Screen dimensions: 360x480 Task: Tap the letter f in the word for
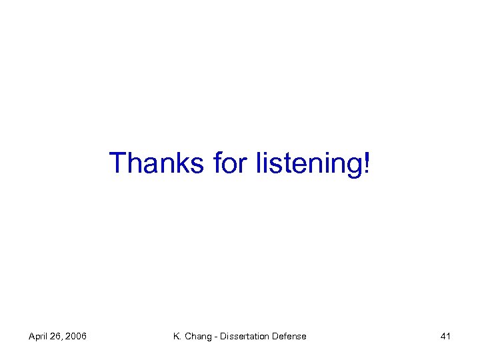click(x=217, y=163)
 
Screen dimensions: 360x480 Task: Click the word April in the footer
click(x=39, y=337)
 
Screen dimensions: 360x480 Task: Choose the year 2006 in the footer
click(x=76, y=337)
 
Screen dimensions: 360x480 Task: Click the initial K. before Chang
click(x=177, y=337)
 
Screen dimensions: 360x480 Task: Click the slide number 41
click(x=445, y=337)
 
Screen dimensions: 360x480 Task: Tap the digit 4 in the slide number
click(x=443, y=337)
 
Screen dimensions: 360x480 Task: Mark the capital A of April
click(x=31, y=337)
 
